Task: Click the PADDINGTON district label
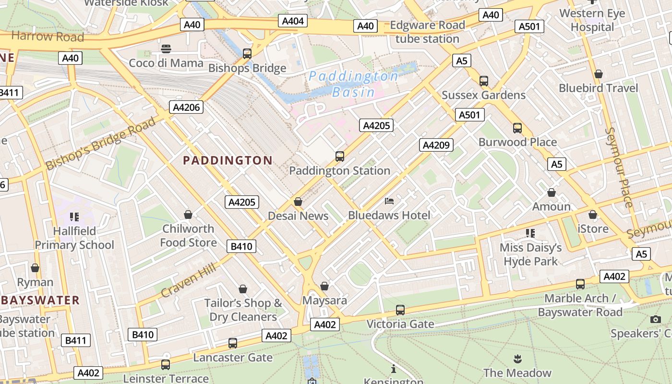228,160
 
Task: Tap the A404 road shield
293,21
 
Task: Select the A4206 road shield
186,107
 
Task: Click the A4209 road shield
436,144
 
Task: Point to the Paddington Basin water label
353,84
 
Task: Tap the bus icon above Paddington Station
340,156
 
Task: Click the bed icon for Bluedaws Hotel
389,201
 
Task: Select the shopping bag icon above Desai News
298,202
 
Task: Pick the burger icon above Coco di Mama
166,48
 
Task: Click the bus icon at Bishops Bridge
247,54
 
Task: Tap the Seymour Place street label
619,167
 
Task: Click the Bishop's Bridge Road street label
101,143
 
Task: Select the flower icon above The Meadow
517,359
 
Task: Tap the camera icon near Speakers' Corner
656,319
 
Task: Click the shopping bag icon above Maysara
324,286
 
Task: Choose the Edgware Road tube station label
427,32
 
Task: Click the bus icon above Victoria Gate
400,310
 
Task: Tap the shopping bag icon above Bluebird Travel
599,74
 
